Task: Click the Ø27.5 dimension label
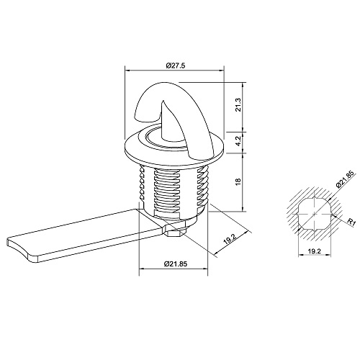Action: pyautogui.click(x=176, y=66)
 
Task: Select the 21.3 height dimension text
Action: pyautogui.click(x=238, y=105)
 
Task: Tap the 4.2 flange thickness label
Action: pyautogui.click(x=238, y=142)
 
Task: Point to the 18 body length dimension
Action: pyautogui.click(x=238, y=181)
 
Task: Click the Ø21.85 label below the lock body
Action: pyautogui.click(x=176, y=264)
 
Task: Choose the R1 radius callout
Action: pyautogui.click(x=351, y=222)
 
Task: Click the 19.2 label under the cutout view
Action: pyautogui.click(x=314, y=251)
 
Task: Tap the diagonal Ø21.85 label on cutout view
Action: pyautogui.click(x=345, y=179)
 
